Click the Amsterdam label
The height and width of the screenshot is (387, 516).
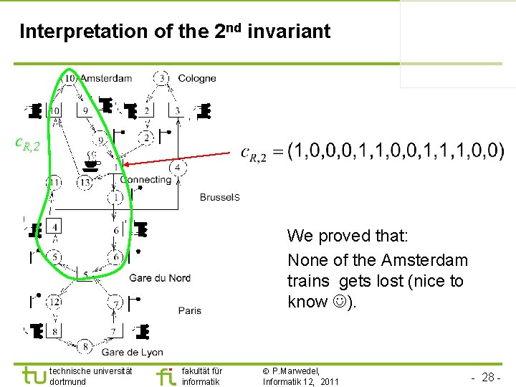pos(106,78)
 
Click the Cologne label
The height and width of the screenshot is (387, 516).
pos(196,78)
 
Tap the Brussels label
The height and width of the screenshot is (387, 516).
pos(219,197)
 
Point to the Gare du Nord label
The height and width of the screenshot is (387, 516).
pos(159,278)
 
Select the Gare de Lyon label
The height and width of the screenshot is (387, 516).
pos(132,352)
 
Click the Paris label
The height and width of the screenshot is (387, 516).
pos(189,310)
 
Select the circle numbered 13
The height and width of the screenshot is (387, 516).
pos(85,183)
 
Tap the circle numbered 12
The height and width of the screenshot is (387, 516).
pos(54,302)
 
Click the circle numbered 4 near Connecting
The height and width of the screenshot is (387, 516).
pos(178,168)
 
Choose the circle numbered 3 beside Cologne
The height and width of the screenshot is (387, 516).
pos(163,77)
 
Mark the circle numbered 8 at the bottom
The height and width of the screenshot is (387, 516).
pos(86,347)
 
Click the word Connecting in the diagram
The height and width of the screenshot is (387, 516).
pos(145,179)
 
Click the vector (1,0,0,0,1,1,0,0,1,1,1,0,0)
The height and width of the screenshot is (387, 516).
pos(395,151)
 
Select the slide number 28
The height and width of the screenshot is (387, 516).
pos(487,377)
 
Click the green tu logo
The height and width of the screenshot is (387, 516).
pos(33,375)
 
